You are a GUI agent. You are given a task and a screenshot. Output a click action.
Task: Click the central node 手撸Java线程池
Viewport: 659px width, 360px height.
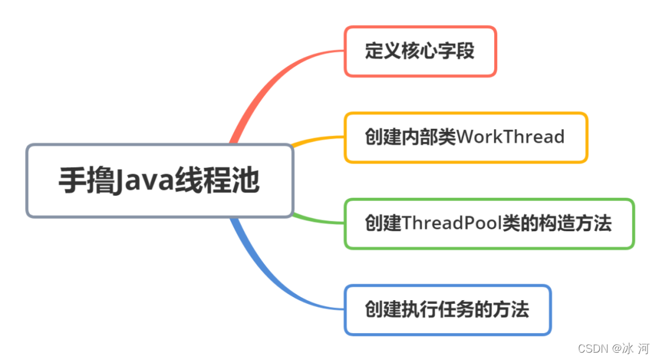[x=160, y=181]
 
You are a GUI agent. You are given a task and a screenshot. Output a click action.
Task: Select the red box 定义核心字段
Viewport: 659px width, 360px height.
[x=420, y=51]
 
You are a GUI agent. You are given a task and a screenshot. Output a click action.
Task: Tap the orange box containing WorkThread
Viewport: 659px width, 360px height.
[x=466, y=137]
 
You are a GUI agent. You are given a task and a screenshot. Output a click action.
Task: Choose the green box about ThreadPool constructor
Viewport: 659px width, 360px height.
[x=489, y=223]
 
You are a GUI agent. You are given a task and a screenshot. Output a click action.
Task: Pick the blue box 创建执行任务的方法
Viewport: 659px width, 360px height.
[x=447, y=309]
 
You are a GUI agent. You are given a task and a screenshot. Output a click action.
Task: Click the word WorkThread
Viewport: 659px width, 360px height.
[x=510, y=137]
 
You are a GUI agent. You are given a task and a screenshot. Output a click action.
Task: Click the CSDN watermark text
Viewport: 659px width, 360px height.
[x=591, y=348]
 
